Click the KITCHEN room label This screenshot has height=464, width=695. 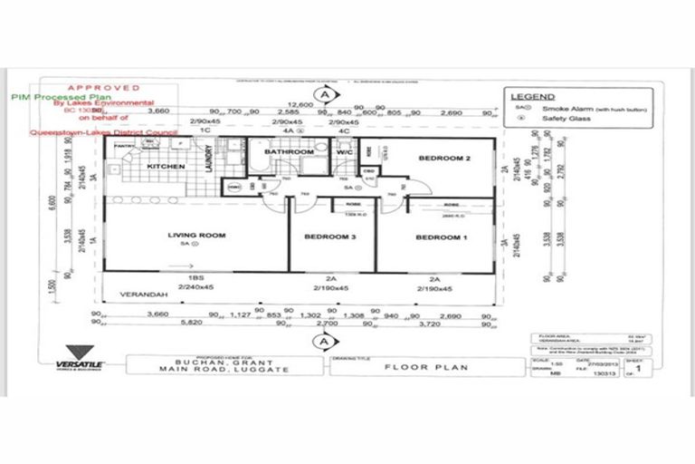[166, 167]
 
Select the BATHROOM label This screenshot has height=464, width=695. [288, 152]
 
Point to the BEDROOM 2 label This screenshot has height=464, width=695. [443, 158]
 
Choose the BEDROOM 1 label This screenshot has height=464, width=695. [441, 237]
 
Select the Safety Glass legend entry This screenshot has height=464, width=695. [567, 117]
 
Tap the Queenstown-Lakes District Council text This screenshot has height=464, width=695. [101, 130]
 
